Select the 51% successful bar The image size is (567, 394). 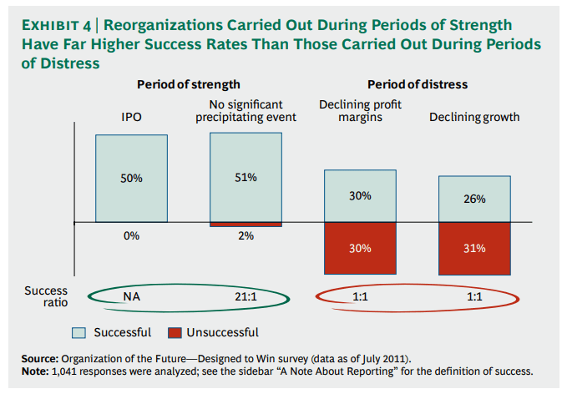(246, 178)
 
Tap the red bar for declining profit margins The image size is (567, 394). (360, 248)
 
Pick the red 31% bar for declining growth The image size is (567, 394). (474, 248)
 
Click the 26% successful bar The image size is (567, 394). (474, 200)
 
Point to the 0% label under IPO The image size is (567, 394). (131, 236)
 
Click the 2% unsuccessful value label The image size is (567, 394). (246, 236)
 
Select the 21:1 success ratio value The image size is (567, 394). (246, 296)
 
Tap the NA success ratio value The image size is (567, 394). (131, 296)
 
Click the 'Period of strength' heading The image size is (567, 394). (189, 84)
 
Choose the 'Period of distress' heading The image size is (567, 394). (418, 84)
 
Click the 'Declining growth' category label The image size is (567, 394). (474, 117)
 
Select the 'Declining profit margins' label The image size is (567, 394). (360, 110)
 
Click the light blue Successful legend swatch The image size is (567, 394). (79, 332)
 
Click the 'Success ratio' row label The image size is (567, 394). (46, 296)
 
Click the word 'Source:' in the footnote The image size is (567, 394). (39, 358)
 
